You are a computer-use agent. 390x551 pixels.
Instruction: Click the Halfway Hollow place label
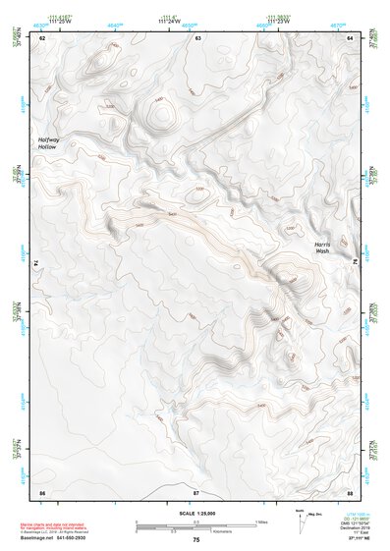[49, 145]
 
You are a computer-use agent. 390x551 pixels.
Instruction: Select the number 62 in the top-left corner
[42, 37]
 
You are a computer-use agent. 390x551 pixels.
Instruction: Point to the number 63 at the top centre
[197, 37]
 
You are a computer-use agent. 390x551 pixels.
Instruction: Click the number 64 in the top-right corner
[350, 37]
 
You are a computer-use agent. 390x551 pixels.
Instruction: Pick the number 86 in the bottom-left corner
[42, 490]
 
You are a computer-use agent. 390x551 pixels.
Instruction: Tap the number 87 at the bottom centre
[195, 490]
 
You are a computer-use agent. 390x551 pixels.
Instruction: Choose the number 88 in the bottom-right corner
[350, 490]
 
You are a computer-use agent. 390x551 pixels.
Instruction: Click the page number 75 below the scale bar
[195, 540]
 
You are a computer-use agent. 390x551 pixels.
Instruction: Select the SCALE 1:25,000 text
[195, 512]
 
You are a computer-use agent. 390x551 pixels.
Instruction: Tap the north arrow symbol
[301, 521]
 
